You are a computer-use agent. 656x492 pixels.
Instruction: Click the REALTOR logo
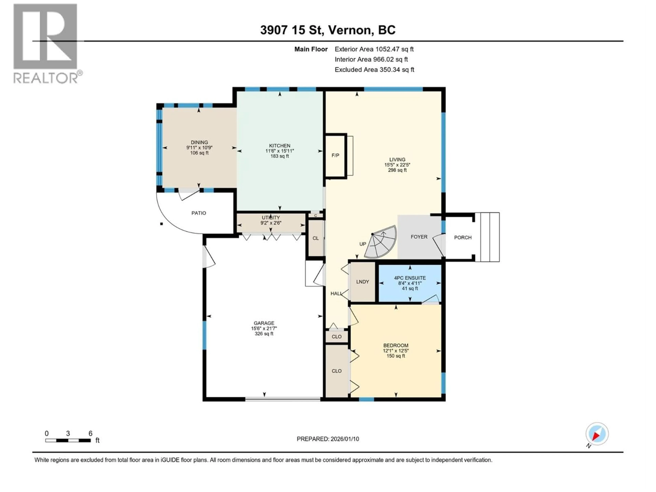46,43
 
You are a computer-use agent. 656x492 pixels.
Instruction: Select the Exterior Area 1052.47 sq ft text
374,49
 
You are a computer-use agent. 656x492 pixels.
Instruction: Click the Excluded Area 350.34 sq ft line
374,70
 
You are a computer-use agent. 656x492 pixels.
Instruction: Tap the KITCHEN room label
279,146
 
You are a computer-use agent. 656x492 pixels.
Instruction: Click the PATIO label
198,213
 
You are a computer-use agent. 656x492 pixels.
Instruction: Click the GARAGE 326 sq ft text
264,334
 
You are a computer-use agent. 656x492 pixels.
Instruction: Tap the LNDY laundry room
362,282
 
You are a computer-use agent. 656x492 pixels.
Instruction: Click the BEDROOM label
396,345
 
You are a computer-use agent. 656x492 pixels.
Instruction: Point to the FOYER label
419,237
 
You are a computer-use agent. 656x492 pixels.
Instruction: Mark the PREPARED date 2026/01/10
328,439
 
